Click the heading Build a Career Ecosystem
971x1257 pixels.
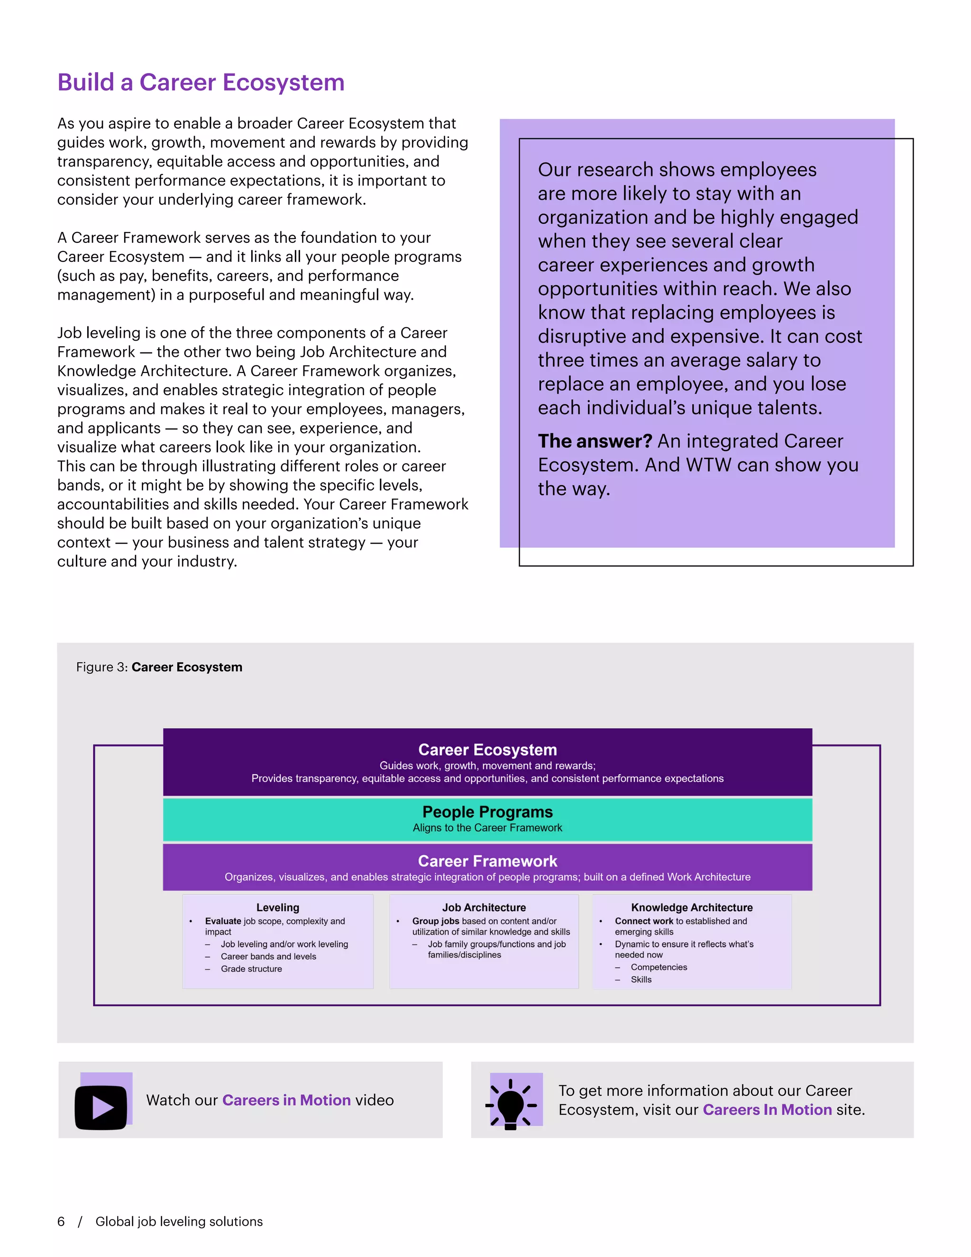click(x=201, y=83)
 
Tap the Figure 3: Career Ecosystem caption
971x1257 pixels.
click(x=159, y=667)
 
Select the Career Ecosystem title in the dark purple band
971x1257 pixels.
click(x=487, y=749)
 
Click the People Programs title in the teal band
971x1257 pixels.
click(x=487, y=812)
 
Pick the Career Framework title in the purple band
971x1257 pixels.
click(x=487, y=861)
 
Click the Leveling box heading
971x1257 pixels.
click(x=278, y=907)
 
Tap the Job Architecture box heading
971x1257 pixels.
click(x=484, y=907)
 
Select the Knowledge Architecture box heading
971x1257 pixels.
click(x=691, y=907)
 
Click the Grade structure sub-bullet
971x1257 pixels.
click(x=251, y=969)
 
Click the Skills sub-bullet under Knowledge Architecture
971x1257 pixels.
click(x=641, y=980)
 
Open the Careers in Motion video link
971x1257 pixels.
click(x=286, y=1100)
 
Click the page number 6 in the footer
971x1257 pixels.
click(x=61, y=1221)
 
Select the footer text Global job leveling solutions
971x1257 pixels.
click(x=179, y=1221)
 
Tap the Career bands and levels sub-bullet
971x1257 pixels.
click(x=268, y=957)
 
